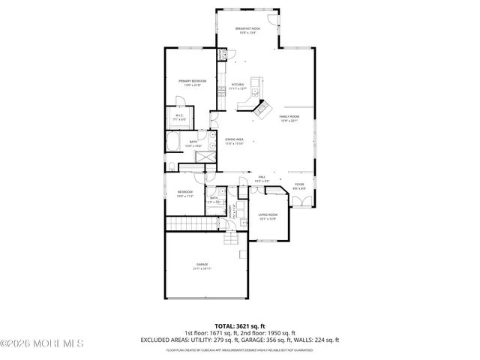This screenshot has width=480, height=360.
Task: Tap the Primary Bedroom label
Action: (192, 82)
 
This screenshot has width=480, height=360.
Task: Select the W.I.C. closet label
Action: (180, 116)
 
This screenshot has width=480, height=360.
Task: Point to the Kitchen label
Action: (238, 86)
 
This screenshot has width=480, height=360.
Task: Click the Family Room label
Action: (289, 118)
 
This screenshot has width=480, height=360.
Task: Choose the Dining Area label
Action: (234, 141)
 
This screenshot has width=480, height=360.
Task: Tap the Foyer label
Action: (298, 184)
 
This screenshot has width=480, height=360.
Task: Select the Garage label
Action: (202, 265)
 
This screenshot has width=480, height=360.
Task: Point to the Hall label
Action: (262, 178)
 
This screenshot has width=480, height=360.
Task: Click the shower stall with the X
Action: (203, 155)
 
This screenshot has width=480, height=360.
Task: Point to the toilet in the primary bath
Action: (172, 166)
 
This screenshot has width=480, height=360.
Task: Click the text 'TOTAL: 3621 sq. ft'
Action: (240, 326)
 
